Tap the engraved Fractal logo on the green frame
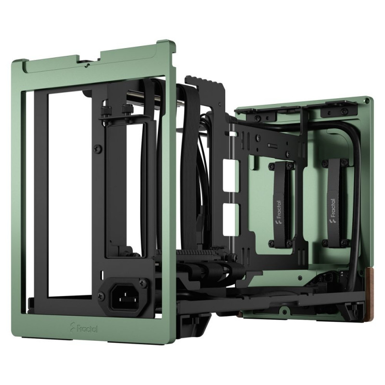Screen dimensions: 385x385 (84, 328)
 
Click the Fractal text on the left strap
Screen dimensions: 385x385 (279, 209)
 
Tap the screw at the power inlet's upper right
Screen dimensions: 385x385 (142, 282)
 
